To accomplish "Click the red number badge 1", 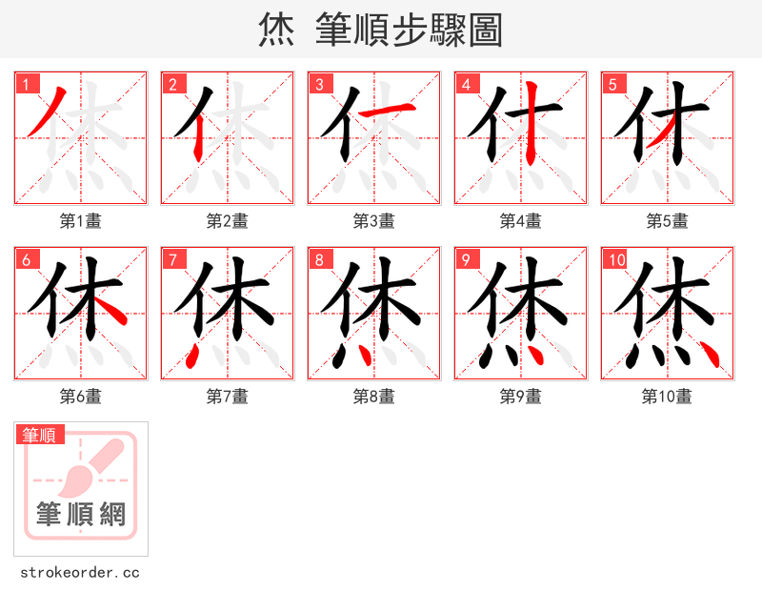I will [25, 84].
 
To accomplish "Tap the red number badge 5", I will [612, 84].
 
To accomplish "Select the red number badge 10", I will [614, 259].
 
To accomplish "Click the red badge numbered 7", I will [171, 259].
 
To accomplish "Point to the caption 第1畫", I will [80, 221].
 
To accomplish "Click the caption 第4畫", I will [520, 221].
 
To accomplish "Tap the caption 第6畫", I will [80, 397].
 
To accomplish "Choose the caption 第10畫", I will [667, 397].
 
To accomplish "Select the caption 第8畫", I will [373, 397].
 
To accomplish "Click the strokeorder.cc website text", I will [80, 573].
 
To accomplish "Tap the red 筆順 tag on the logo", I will [40, 435].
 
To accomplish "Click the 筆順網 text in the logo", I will [80, 515].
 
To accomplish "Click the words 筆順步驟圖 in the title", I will [410, 31].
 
